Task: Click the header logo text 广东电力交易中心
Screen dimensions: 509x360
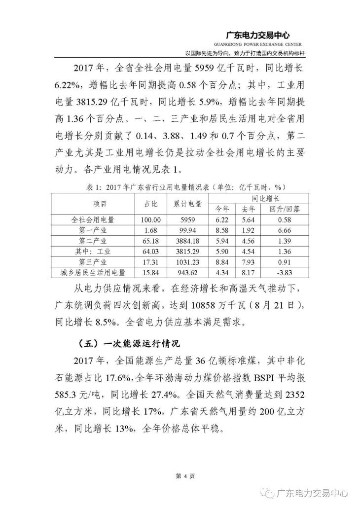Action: pyautogui.click(x=257, y=36)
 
